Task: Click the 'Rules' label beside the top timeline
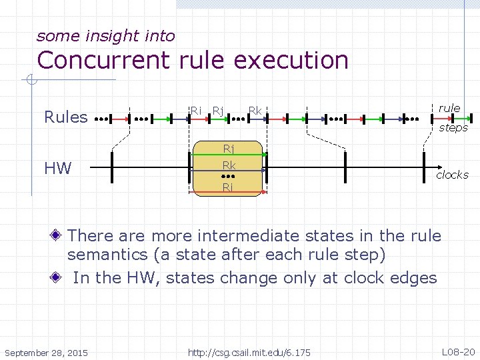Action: tap(65, 117)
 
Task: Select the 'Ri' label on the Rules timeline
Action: tap(195, 110)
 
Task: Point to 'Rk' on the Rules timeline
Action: tap(254, 110)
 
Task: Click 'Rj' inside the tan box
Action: tap(228, 149)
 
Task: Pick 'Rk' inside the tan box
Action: tap(229, 165)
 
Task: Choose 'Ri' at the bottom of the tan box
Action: tap(228, 187)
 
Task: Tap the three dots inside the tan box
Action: tap(229, 177)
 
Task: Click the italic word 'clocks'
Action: tap(452, 175)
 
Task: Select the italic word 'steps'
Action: tap(453, 127)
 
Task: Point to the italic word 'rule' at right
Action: tap(449, 108)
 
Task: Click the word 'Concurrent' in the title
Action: tap(105, 60)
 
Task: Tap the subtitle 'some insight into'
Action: tap(105, 36)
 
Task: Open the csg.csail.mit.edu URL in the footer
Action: tap(249, 351)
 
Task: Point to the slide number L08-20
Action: tap(457, 351)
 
